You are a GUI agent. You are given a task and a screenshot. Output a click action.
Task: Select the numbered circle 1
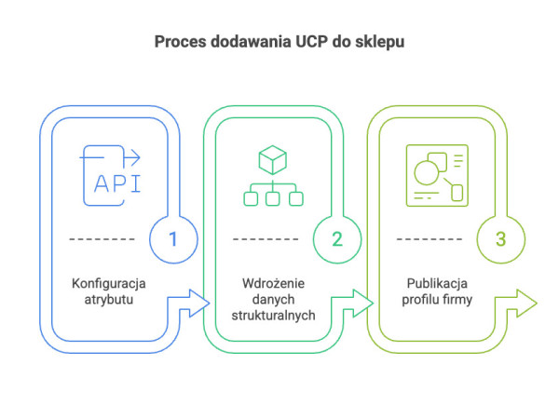click(173, 238)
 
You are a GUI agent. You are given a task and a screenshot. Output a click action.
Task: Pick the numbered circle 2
click(336, 238)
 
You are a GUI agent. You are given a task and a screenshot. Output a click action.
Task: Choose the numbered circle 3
click(500, 238)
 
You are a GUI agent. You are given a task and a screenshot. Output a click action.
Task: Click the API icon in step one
click(112, 174)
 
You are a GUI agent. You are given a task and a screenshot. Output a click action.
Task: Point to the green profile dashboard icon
click(437, 174)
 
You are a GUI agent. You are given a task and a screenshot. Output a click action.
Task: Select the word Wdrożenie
click(273, 283)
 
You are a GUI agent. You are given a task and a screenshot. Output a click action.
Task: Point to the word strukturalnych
click(273, 316)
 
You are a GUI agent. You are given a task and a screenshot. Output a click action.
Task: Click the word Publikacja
click(436, 283)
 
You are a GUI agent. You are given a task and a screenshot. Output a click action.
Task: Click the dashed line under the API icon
click(102, 239)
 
